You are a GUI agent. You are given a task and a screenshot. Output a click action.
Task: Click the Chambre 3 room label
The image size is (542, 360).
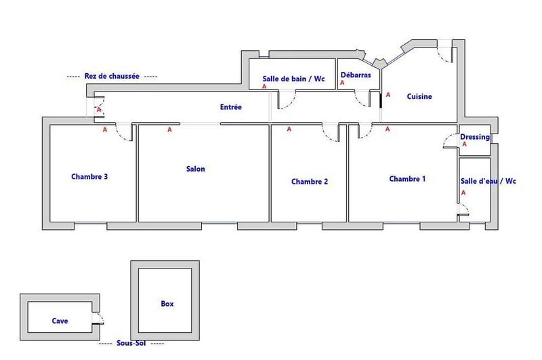point(89,177)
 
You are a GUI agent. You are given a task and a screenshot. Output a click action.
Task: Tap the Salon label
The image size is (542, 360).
point(195,169)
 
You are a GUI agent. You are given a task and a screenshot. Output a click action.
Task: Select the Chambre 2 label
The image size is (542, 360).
point(310,181)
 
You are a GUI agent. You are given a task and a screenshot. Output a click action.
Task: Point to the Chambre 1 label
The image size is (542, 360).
point(407,179)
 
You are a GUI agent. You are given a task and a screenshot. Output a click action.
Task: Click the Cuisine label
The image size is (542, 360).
point(419,96)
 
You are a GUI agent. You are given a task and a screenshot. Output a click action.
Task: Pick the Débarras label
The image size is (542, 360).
point(356,75)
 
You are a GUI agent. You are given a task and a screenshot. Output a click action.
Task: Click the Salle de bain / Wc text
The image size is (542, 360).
point(293,79)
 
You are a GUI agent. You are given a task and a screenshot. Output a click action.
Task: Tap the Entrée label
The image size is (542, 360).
point(231,107)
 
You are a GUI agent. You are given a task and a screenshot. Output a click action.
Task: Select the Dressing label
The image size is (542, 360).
point(474,137)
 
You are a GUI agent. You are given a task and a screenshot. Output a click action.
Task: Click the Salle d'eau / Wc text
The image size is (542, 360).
point(488,181)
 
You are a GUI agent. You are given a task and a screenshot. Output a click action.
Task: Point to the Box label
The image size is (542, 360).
point(167,304)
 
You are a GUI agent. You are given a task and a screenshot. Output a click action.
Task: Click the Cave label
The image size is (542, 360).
point(60,321)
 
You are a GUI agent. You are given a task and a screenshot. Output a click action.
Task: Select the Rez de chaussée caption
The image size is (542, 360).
point(112,77)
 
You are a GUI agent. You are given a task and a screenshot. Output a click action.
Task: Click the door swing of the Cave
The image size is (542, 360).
point(98,319)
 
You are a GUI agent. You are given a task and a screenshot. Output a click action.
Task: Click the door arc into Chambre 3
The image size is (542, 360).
point(124,133)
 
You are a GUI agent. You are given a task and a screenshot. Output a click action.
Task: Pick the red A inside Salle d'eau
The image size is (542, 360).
point(463,193)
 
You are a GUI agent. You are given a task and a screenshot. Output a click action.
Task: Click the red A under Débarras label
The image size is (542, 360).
point(342,83)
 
